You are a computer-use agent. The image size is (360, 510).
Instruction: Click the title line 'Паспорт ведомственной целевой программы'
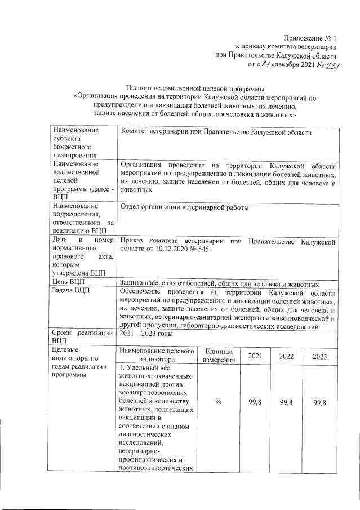pos(195,88)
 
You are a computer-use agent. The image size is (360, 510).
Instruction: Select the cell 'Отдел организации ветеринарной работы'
pos(185,207)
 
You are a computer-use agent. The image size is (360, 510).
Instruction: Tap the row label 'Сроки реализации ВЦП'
pos(82,336)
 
